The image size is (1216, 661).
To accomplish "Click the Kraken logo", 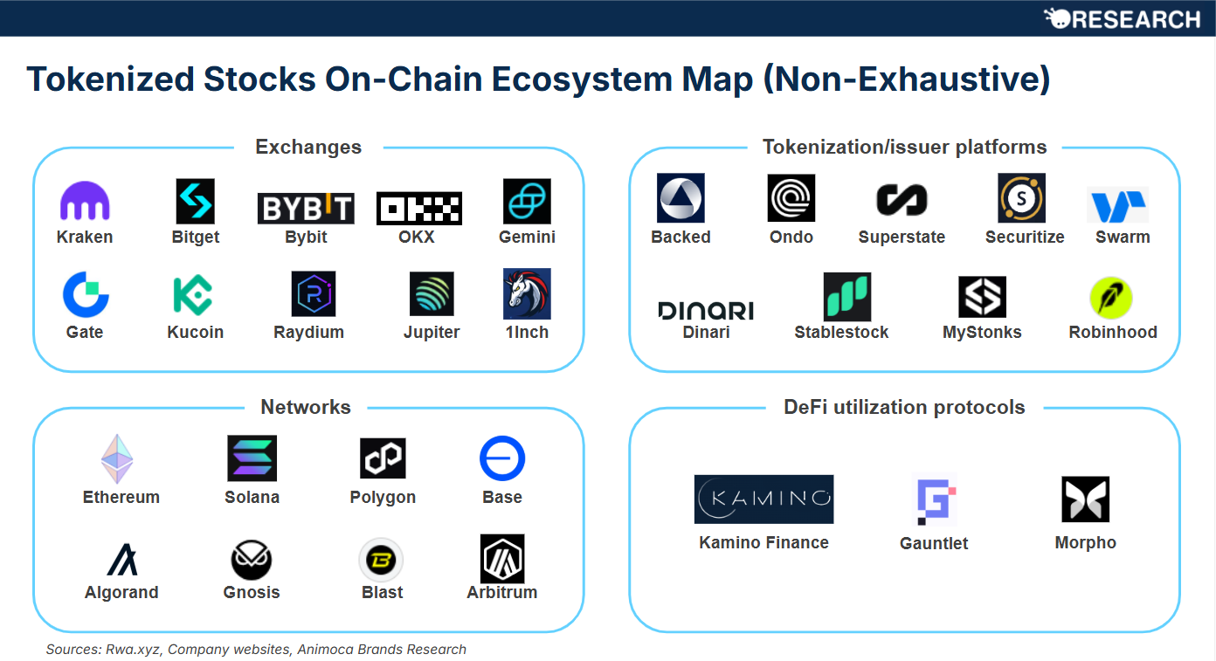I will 85,202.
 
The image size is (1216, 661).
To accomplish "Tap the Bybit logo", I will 306,209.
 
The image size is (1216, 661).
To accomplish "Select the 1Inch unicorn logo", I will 527,293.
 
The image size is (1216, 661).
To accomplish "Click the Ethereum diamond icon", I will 116,459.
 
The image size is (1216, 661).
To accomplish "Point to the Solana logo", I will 252,458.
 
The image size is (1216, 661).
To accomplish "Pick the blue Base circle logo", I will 501,458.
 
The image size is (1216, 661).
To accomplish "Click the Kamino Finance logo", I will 763,499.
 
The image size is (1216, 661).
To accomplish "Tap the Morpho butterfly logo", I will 1085,499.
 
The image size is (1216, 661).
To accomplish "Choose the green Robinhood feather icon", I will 1111,298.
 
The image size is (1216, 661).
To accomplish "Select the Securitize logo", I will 1021,198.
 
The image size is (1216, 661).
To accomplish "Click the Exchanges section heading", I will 308,147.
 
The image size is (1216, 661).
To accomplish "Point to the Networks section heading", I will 306,407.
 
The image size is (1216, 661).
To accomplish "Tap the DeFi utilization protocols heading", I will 904,407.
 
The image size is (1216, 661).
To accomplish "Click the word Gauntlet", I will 934,543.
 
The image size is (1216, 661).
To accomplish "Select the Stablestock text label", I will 841,333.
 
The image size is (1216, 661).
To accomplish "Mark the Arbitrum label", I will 501,593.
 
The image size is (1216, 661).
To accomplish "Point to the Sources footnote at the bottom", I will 256,650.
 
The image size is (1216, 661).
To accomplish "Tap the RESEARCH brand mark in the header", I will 1123,18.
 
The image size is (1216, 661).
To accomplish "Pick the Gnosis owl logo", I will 252,560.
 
